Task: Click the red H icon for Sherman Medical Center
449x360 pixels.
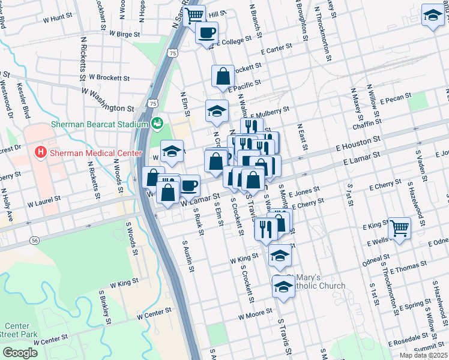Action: [x=41, y=152]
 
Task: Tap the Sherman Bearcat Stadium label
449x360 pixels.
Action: [x=99, y=124]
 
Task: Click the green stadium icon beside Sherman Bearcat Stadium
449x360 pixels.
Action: [x=157, y=123]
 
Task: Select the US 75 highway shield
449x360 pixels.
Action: [x=173, y=53]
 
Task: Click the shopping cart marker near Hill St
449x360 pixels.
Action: [x=194, y=16]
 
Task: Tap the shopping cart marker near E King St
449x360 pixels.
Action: [x=399, y=228]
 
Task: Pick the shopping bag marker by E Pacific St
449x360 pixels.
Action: [x=223, y=76]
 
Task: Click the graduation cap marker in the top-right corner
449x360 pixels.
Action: [x=432, y=16]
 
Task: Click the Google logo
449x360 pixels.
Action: [x=20, y=352]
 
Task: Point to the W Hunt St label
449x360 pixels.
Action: [x=57, y=19]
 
